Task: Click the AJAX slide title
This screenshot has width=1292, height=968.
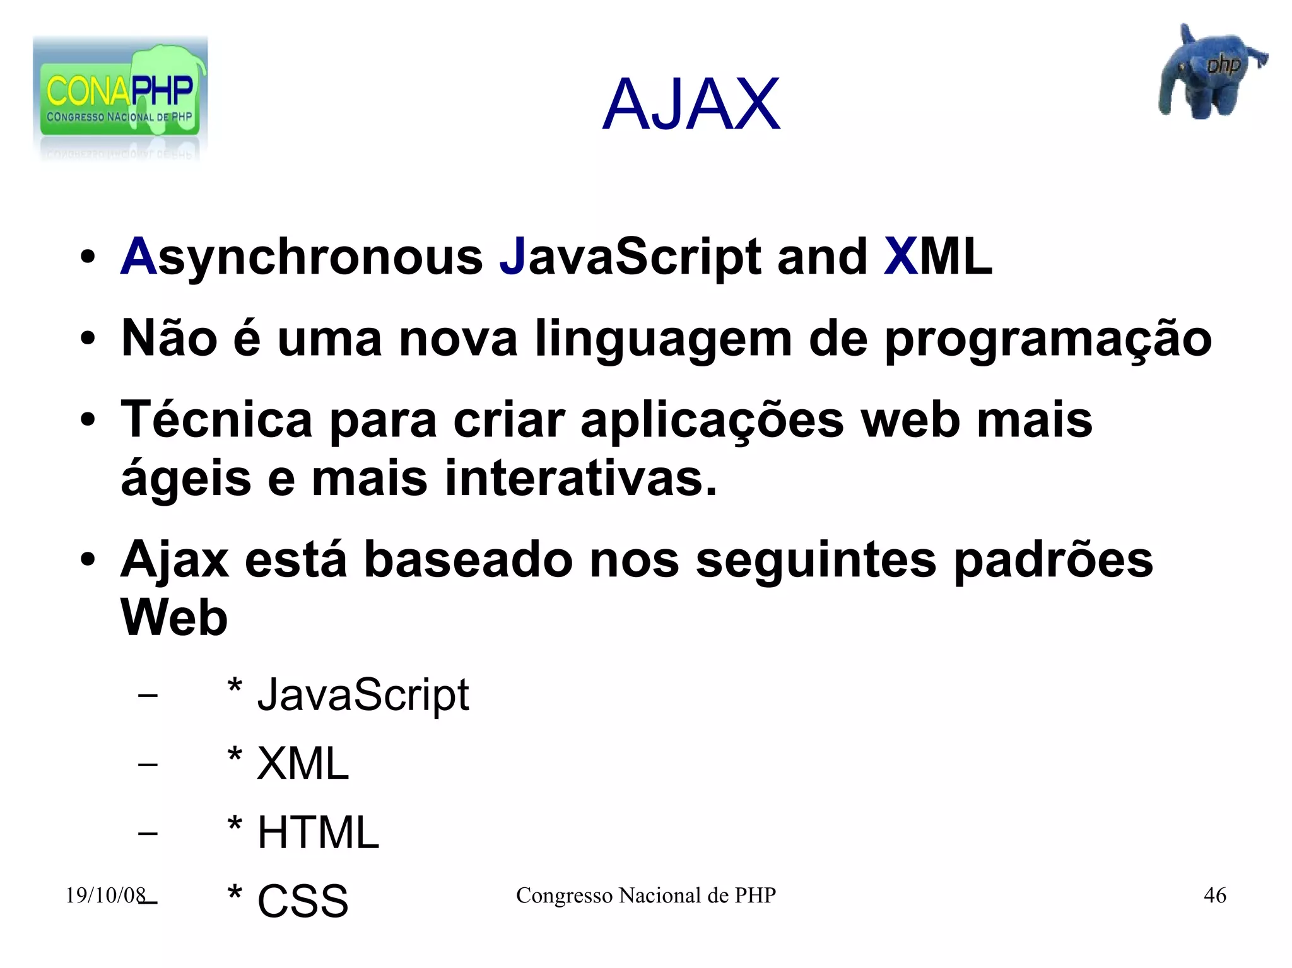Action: point(691,105)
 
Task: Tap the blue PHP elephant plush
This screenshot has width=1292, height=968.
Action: point(1208,73)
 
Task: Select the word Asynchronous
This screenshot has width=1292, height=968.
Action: point(302,257)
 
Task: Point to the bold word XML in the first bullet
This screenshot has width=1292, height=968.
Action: point(937,257)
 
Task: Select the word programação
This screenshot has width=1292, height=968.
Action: point(1048,339)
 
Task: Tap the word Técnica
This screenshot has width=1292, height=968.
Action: point(216,419)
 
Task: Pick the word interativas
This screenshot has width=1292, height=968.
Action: point(580,478)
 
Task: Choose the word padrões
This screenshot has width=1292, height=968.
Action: point(1053,559)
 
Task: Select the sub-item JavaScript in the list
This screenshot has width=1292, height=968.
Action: point(363,695)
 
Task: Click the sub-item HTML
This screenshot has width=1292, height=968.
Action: point(318,832)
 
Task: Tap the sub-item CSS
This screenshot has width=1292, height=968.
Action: point(302,901)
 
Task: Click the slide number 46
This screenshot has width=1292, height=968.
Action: point(1214,895)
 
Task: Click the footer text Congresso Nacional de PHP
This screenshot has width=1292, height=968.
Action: point(645,895)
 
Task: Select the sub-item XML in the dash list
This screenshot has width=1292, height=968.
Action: point(302,764)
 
